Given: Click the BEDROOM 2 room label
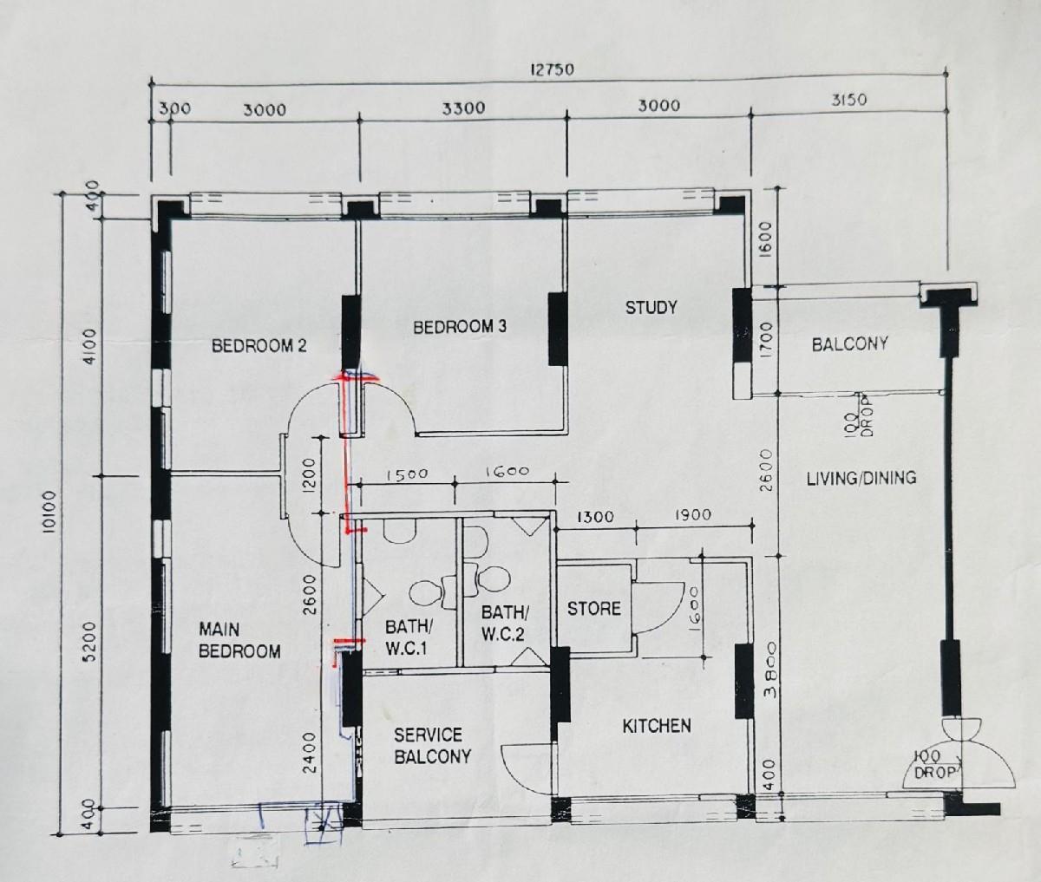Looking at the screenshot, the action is point(259,346).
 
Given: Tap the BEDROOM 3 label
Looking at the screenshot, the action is point(459,327).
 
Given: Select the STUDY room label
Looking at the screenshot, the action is point(651,307).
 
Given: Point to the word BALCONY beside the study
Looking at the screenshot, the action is point(849,344).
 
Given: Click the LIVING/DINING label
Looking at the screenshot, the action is point(861,477).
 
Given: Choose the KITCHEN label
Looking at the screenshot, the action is point(657,726).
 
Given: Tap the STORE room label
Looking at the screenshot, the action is point(593,609).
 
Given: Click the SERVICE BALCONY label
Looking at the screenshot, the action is point(432,746).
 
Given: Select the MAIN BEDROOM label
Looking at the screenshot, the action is point(239,640).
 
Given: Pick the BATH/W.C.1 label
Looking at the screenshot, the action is point(408,637).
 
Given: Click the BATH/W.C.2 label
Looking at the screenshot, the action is point(505,624).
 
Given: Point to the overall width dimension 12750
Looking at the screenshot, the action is point(552,70).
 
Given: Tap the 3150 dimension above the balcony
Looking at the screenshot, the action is point(849,101).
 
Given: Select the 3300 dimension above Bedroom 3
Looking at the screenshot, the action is point(463,108).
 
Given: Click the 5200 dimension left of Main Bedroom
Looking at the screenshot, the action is point(89,643).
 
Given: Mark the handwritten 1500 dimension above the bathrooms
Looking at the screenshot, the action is point(407,474).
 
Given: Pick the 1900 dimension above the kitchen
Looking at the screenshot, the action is point(692,514).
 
